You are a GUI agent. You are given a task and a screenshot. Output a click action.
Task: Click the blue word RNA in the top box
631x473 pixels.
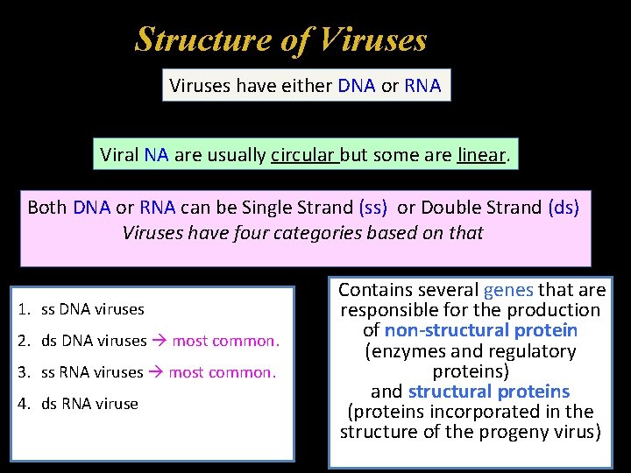tap(422, 86)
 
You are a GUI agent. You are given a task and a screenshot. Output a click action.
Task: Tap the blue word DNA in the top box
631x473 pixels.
tap(356, 86)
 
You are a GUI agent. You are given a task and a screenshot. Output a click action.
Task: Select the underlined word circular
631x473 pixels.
tap(303, 155)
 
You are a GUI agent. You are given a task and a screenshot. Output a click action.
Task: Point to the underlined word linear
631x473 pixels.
tap(481, 155)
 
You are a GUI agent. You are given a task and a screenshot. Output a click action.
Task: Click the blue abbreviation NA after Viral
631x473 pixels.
tap(156, 155)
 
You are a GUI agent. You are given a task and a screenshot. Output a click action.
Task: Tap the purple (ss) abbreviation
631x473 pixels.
tap(375, 208)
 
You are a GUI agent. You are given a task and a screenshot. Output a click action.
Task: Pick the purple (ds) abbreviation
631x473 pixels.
tap(564, 208)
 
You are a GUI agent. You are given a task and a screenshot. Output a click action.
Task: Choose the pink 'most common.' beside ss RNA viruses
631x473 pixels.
tap(222, 372)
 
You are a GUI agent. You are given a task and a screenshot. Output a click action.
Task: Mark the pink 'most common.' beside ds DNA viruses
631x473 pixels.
tap(225, 341)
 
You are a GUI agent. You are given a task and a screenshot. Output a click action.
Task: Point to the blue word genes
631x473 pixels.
tap(507, 290)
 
